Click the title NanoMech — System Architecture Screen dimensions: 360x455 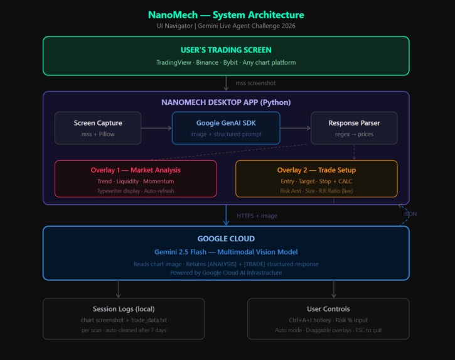(x=226, y=14)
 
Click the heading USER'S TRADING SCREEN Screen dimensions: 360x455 (x=226, y=50)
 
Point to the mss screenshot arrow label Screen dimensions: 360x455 (x=255, y=83)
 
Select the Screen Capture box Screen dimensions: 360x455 (x=98, y=128)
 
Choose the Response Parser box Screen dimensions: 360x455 (x=354, y=128)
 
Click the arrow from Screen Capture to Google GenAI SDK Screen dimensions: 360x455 (x=156, y=128)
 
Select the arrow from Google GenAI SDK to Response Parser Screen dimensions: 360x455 (x=295, y=128)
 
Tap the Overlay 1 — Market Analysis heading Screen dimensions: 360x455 (x=136, y=170)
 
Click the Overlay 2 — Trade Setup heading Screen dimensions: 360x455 (x=316, y=170)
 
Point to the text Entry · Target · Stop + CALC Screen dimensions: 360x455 (x=316, y=181)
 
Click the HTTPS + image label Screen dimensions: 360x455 (x=257, y=215)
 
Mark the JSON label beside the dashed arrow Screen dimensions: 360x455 (x=410, y=214)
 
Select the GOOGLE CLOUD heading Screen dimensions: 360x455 (x=226, y=239)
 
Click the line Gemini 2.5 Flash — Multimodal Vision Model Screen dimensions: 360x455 (x=226, y=251)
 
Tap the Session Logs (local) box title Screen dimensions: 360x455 (x=124, y=308)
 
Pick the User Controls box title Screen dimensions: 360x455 (x=328, y=308)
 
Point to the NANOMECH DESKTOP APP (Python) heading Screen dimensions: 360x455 (x=226, y=102)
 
